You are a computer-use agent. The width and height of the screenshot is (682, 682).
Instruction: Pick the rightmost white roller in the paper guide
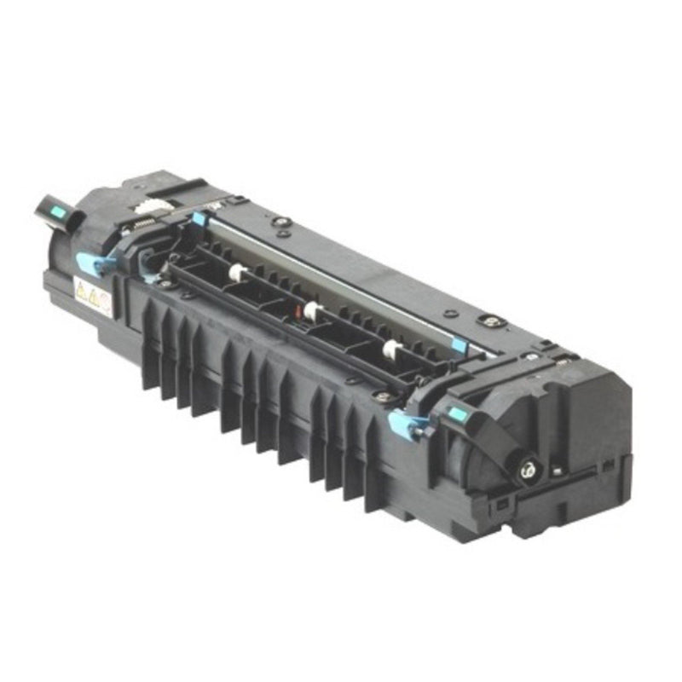click(x=390, y=347)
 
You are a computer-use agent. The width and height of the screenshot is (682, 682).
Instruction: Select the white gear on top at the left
click(x=152, y=205)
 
